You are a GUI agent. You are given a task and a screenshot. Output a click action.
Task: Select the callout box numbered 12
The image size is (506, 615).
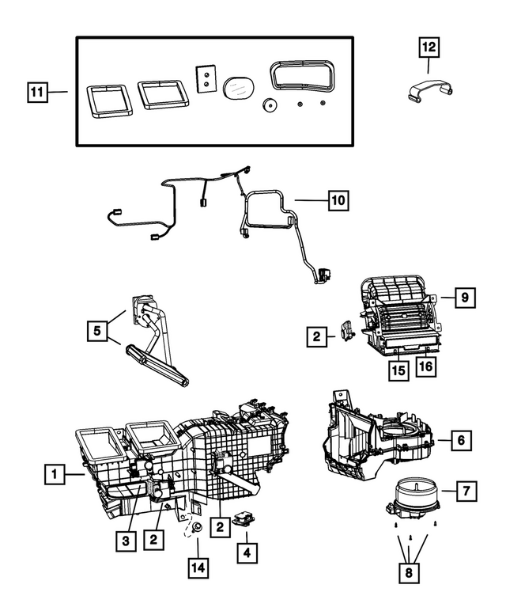point(428,47)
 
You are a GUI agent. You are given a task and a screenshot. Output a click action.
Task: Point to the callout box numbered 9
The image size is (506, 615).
point(466,298)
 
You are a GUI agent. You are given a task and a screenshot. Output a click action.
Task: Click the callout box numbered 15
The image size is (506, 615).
point(400,369)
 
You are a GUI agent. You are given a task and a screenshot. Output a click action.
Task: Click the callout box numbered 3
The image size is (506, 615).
point(125,540)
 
